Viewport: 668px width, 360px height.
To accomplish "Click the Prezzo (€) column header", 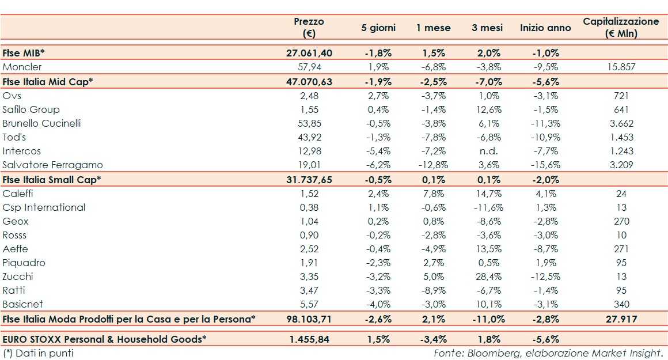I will (x=309, y=28).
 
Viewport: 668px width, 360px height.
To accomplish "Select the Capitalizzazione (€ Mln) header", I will (x=621, y=28).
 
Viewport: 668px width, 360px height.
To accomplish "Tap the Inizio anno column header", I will (x=545, y=28).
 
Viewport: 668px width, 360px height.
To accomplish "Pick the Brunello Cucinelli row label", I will (x=41, y=123).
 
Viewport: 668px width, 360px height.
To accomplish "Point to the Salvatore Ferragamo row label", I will (x=52, y=165).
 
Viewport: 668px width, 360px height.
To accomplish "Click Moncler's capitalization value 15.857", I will (x=621, y=67).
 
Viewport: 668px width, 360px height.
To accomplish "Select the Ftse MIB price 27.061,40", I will (x=309, y=53).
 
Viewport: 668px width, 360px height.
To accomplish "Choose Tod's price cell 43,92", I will (x=309, y=137).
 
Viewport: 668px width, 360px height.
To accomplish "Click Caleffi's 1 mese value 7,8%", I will (x=433, y=194).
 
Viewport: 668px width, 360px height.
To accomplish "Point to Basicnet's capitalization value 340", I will (x=621, y=304).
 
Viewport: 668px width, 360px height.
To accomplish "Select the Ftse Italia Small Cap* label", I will (x=52, y=179).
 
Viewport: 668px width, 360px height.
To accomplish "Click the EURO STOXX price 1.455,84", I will (x=309, y=339).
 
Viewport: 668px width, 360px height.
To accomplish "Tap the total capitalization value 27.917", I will (x=621, y=319).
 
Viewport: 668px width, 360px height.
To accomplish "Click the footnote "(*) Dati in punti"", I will (x=38, y=353).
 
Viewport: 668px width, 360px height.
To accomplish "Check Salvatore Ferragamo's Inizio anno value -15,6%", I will (x=545, y=165).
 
